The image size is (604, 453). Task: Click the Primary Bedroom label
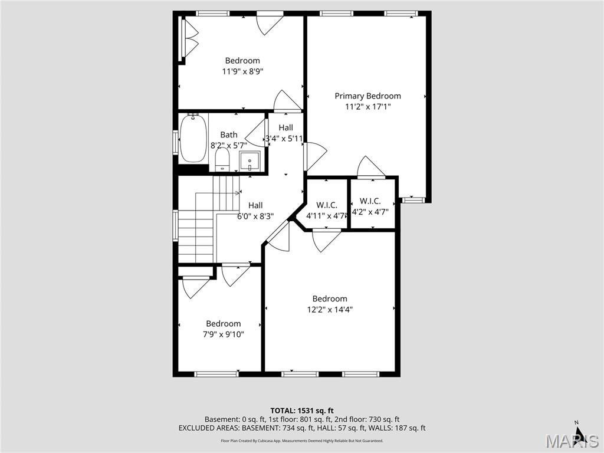367,96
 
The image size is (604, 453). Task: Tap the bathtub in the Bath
193,139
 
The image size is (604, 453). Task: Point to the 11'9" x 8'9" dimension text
242,71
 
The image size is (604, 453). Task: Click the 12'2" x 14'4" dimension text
330,309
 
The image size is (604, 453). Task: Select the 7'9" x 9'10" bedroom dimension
224,334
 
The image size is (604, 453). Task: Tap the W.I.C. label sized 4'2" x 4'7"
370,201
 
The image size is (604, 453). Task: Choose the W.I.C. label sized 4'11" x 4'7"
326,205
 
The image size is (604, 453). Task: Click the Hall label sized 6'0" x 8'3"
255,205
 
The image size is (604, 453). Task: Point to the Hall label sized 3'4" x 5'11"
285,127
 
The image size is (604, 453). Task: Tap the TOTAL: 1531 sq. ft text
302,411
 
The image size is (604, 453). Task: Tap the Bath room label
229,134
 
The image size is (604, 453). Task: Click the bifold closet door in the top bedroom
189,39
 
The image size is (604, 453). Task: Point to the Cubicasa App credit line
302,441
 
